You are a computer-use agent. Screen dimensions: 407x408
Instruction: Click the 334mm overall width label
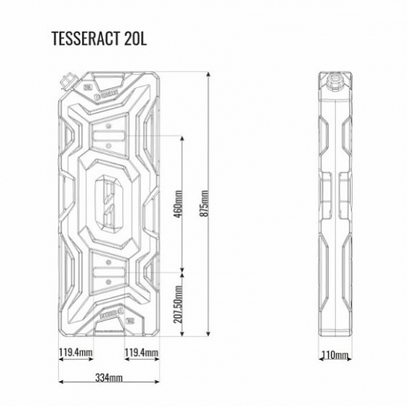click(109, 377)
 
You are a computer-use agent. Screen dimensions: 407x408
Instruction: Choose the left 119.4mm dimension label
click(76, 353)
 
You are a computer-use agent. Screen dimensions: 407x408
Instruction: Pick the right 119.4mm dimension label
click(141, 353)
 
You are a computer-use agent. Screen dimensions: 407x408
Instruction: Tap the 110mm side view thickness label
click(336, 354)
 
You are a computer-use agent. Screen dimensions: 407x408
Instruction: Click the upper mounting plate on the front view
click(109, 135)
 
